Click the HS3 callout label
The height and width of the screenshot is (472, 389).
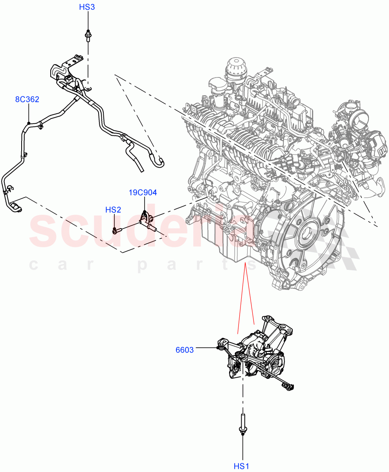[x=87, y=7]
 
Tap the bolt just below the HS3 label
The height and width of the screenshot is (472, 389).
[x=88, y=35]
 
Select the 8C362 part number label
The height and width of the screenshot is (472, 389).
[x=27, y=100]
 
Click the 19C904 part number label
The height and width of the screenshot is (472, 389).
[x=143, y=192]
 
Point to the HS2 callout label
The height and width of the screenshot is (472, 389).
[x=113, y=210]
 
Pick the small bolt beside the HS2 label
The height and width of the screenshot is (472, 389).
[x=117, y=230]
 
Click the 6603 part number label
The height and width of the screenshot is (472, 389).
[x=185, y=350]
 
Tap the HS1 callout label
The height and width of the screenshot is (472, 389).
[x=242, y=466]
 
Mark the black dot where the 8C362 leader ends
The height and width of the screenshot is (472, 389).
[x=29, y=123]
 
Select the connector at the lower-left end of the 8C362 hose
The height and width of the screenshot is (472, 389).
[x=16, y=206]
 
